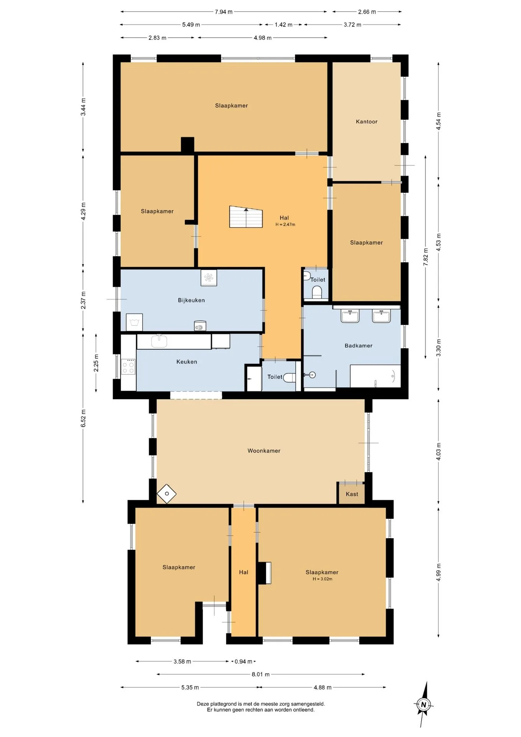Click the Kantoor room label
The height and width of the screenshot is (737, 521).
[366, 122]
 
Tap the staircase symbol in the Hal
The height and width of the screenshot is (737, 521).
[246, 217]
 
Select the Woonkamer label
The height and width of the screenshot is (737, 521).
[264, 451]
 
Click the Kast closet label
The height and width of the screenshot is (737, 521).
[352, 494]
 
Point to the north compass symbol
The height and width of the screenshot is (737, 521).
[424, 704]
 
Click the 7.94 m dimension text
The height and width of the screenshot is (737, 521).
[224, 12]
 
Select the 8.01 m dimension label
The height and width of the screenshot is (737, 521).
[260, 674]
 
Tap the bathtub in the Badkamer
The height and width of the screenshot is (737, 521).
[375, 376]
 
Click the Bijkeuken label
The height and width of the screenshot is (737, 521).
[191, 300]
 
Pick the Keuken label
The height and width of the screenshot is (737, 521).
[187, 362]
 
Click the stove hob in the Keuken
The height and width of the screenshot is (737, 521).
[128, 367]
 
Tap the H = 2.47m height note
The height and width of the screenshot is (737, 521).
[285, 225]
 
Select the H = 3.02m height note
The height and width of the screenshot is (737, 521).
[322, 579]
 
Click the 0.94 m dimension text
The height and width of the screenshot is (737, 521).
[244, 661]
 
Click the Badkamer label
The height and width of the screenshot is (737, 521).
[358, 345]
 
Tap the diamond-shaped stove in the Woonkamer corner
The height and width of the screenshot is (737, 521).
[167, 494]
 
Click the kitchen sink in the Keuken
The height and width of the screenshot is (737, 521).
[159, 341]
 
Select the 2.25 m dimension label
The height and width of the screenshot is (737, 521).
[96, 363]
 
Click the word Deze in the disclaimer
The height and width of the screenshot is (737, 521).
[203, 704]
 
